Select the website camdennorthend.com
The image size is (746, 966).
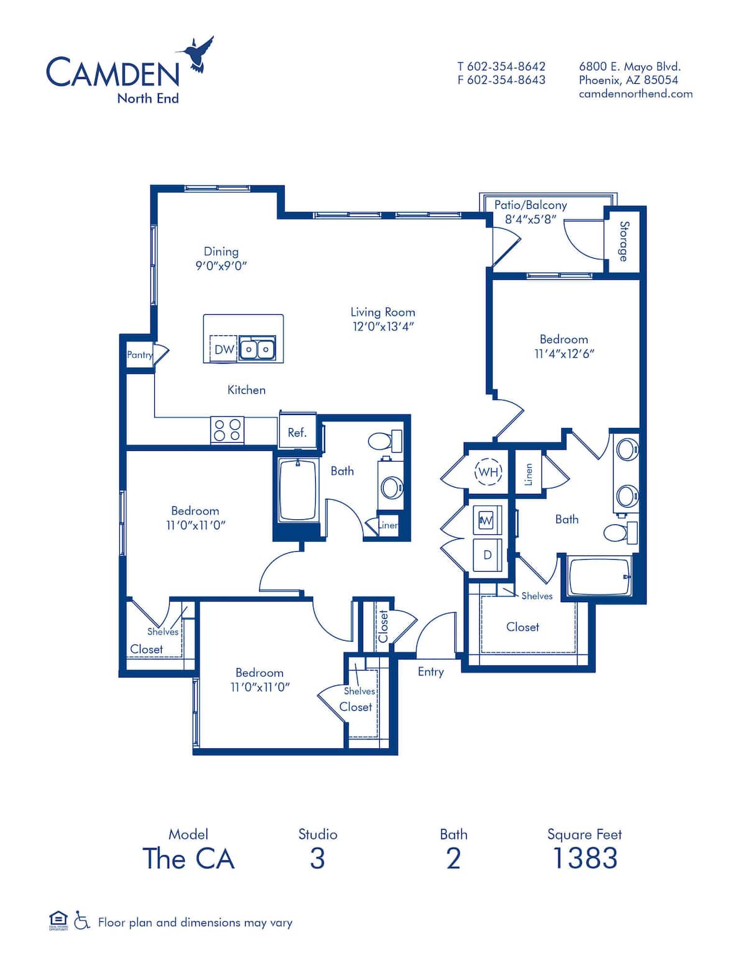[x=635, y=94]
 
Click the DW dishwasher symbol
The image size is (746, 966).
[x=224, y=350]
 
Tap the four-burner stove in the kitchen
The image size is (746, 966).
[x=227, y=430]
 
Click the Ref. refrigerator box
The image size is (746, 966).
[x=297, y=432]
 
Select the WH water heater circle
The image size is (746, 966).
[x=488, y=472]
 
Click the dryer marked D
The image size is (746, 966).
[x=487, y=555]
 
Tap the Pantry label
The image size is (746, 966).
[x=139, y=355]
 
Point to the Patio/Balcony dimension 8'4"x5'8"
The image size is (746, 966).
[x=530, y=219]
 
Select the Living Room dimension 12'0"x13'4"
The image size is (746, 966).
[x=383, y=327]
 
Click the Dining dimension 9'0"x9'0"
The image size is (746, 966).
[x=221, y=266]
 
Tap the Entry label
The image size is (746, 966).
[x=430, y=672]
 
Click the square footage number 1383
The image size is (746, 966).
[x=584, y=858]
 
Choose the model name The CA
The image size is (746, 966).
[x=188, y=858]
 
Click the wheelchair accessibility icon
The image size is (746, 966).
[x=81, y=921]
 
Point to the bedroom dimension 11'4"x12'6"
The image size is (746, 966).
[x=564, y=353]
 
